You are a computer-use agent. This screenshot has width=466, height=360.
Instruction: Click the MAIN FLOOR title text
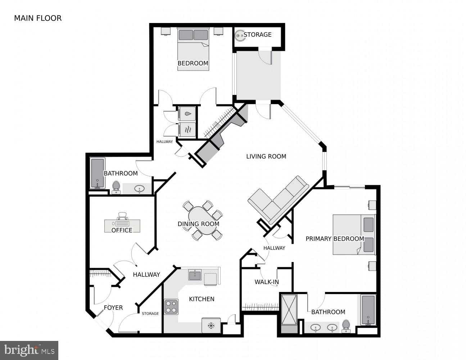[x=38, y=18]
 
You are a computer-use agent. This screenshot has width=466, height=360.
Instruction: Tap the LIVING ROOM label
[x=266, y=156]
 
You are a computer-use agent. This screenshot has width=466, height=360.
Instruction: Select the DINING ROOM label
[x=198, y=224]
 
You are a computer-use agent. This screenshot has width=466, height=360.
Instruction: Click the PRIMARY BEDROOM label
[x=335, y=239]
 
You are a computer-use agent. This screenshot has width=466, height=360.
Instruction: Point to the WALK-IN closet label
[x=267, y=282]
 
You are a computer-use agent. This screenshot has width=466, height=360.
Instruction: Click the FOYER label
[x=113, y=308]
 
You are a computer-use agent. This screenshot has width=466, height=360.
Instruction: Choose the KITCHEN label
[x=202, y=299]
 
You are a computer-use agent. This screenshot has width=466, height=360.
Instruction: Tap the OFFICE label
[x=122, y=230]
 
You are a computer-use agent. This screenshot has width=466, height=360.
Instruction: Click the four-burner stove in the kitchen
[x=171, y=307]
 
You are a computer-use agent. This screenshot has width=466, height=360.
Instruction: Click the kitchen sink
[x=195, y=275]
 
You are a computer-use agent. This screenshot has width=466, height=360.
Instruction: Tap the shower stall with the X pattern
[x=289, y=310]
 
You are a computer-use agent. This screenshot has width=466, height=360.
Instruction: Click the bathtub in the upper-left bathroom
[x=98, y=174]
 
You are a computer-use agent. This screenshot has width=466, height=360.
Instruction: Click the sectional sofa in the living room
[x=279, y=201]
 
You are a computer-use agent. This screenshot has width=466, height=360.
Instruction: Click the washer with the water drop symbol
[x=187, y=114]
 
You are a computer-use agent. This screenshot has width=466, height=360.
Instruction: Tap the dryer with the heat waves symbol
[x=187, y=130]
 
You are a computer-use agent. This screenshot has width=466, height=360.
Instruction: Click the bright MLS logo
[x=29, y=350]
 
